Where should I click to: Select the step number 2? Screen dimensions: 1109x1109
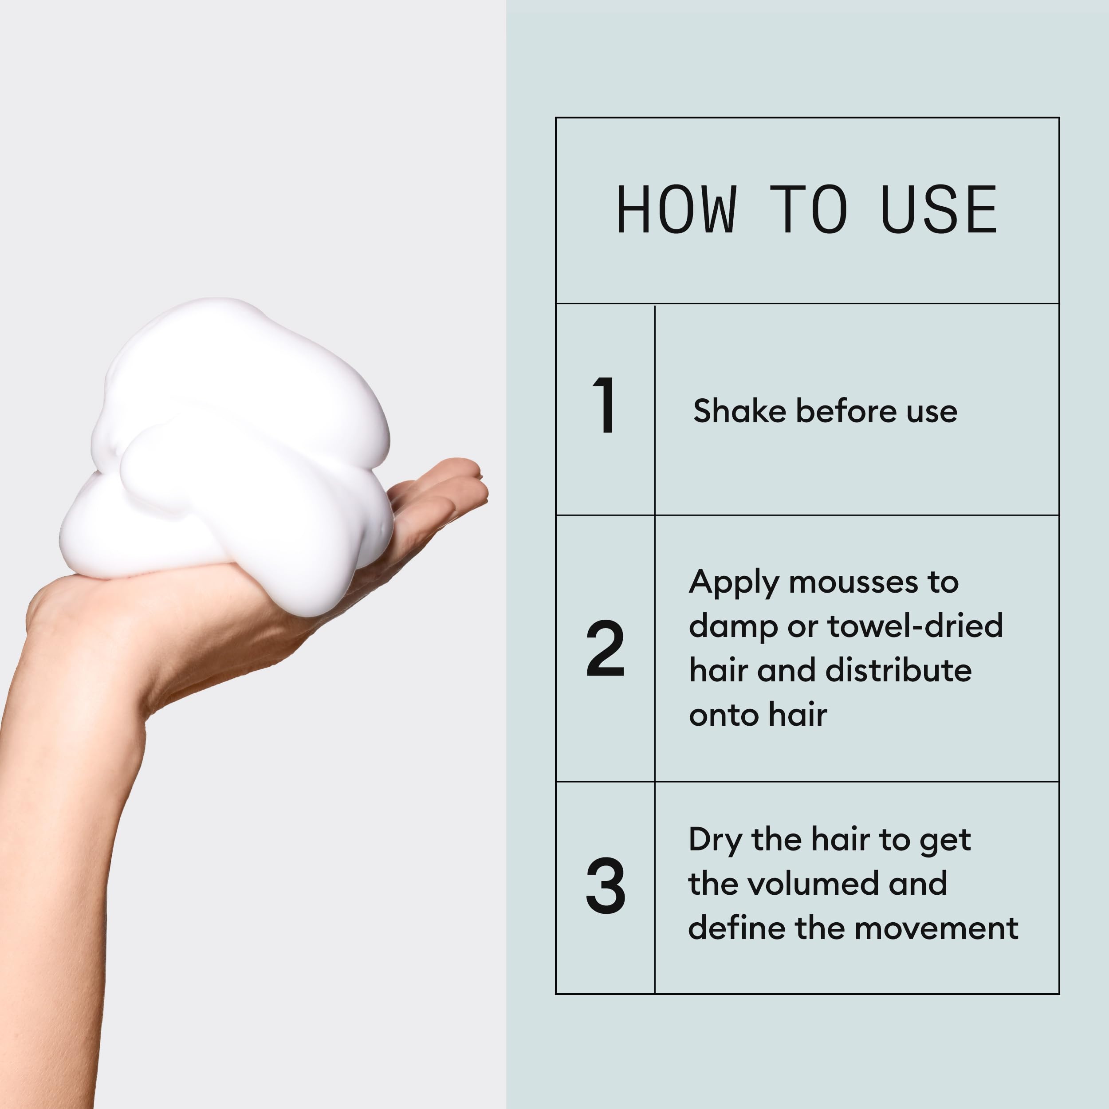[x=605, y=648]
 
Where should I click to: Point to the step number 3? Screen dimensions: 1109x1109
[x=605, y=886]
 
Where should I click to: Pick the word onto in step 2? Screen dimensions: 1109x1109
[x=723, y=715]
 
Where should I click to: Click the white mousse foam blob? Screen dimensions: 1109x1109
[x=230, y=448]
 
